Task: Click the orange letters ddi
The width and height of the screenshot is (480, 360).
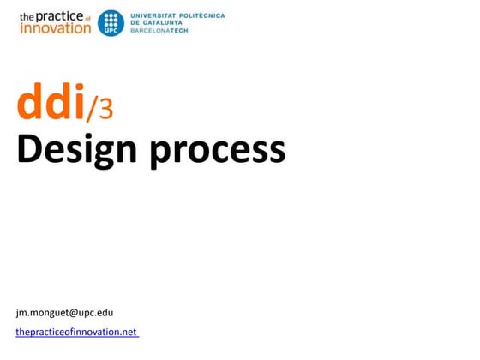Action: (x=50, y=105)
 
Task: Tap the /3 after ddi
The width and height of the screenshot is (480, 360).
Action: (x=98, y=110)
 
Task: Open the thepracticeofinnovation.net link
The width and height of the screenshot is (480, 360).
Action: (x=76, y=331)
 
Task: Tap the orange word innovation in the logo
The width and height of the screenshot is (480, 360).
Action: (x=54, y=27)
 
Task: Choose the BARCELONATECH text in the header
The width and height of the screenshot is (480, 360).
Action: (x=159, y=30)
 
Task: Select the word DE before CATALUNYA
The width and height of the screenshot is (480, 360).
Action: (x=135, y=22)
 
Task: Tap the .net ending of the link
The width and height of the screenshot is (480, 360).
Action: (x=129, y=331)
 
